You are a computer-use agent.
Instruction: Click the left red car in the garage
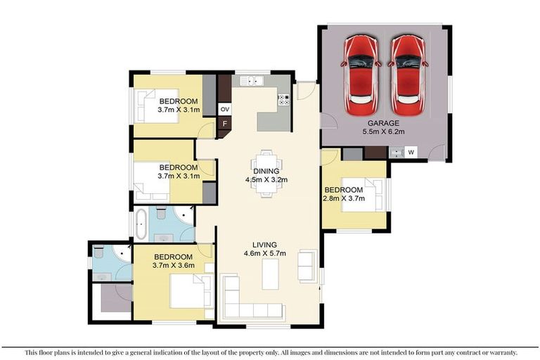pos(361,75)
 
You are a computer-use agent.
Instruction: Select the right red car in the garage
pos(408,75)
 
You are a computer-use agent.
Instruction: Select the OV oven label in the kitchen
pos(225,110)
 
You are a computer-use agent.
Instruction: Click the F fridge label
pos(225,124)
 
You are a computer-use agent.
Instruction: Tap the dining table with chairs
pos(266,173)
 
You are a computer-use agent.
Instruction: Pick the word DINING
pos(266,171)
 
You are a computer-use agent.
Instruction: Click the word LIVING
pos(265,245)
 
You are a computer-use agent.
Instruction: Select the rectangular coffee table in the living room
pos(271,274)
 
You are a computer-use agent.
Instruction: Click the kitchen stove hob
pos(284,100)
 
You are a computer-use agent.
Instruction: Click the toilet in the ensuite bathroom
pos(98,252)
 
